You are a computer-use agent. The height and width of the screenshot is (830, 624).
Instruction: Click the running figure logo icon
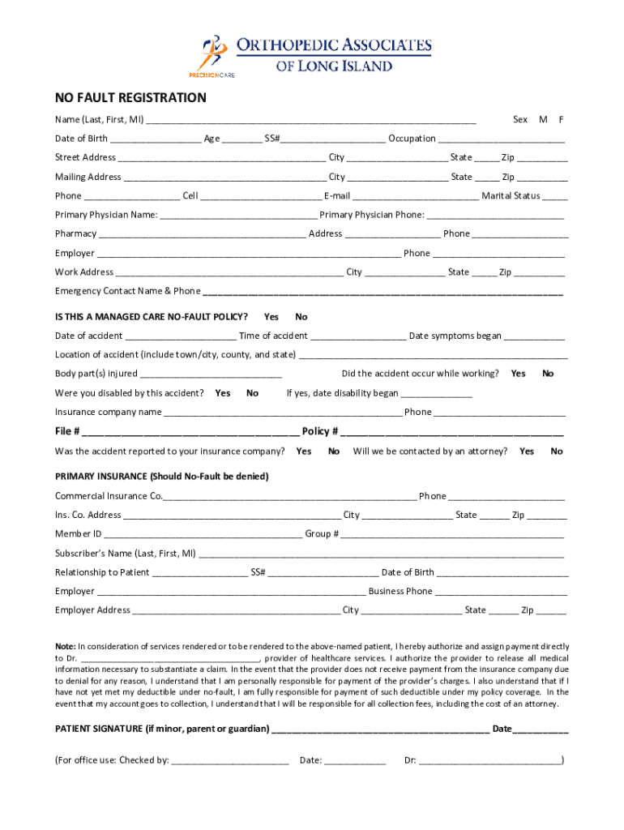213,52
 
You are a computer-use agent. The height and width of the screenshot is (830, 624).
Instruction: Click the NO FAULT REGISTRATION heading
130,98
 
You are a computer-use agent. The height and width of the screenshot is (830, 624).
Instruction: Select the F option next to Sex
561,120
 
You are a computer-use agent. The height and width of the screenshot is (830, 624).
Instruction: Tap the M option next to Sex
543,120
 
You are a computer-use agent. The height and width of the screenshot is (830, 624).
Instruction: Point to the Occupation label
412,139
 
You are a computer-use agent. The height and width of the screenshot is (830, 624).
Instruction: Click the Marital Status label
511,195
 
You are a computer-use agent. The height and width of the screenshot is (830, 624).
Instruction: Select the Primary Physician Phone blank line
494,216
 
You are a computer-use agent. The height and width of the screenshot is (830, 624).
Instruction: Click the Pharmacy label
75,233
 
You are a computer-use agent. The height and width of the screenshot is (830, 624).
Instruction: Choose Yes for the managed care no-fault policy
271,316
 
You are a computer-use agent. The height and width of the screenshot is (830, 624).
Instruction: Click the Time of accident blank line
357,336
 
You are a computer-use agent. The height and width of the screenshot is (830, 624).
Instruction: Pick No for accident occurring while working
548,374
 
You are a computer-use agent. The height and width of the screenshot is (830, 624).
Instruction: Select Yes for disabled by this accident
223,393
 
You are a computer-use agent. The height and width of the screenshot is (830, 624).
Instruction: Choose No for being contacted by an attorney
557,451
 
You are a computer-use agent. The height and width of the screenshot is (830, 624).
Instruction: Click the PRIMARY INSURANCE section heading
161,476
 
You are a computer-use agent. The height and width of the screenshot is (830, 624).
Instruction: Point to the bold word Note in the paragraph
65,646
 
